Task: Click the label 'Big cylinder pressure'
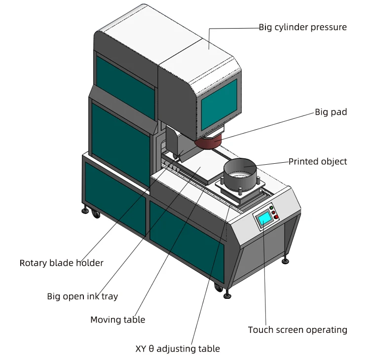point(302,27)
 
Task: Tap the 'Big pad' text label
point(331,112)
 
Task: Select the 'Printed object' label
point(318,161)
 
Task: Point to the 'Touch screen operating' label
point(297,330)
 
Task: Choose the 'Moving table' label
point(117,320)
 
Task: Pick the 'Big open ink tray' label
point(82,296)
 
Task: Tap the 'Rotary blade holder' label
point(62,263)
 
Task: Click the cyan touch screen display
point(265,218)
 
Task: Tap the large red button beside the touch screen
point(277,216)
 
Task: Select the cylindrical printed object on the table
point(241,175)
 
